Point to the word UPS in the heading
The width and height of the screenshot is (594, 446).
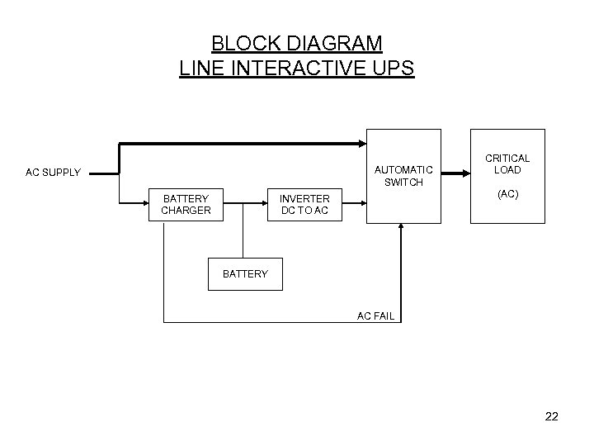(x=394, y=68)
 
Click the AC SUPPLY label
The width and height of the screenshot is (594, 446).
(x=53, y=173)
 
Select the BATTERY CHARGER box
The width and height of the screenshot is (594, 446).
(x=186, y=204)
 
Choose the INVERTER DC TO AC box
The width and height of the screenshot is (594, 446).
(x=304, y=204)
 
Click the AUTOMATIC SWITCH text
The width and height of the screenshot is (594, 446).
(x=403, y=176)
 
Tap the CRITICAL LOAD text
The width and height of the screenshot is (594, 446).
(x=507, y=164)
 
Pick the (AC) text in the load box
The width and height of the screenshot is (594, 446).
(x=507, y=194)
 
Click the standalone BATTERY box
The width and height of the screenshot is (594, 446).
(x=245, y=273)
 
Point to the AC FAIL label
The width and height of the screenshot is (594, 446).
(x=375, y=316)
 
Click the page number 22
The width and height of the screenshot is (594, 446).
(x=551, y=417)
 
